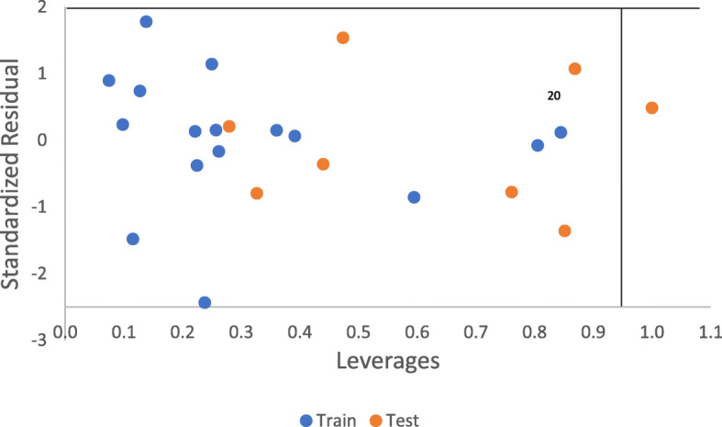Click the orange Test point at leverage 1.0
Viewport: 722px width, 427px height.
[651, 107]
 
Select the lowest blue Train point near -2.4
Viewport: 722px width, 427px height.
[205, 302]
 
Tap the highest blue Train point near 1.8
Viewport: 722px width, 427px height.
[146, 21]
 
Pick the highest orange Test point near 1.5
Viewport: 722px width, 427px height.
[343, 38]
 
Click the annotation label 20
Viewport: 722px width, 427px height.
[554, 95]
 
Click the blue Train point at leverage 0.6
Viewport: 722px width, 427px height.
[414, 197]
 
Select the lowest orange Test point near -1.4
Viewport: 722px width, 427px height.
[564, 230]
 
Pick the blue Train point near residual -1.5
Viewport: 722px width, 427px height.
[133, 239]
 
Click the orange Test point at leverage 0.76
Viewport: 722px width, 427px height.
[512, 192]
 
